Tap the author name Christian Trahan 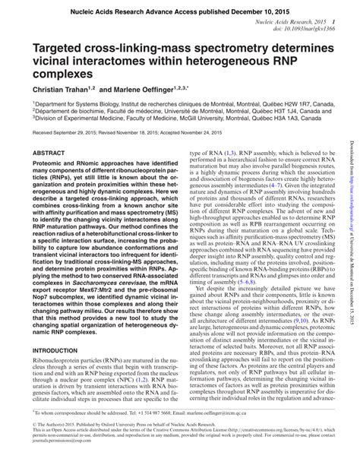(66, 90)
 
